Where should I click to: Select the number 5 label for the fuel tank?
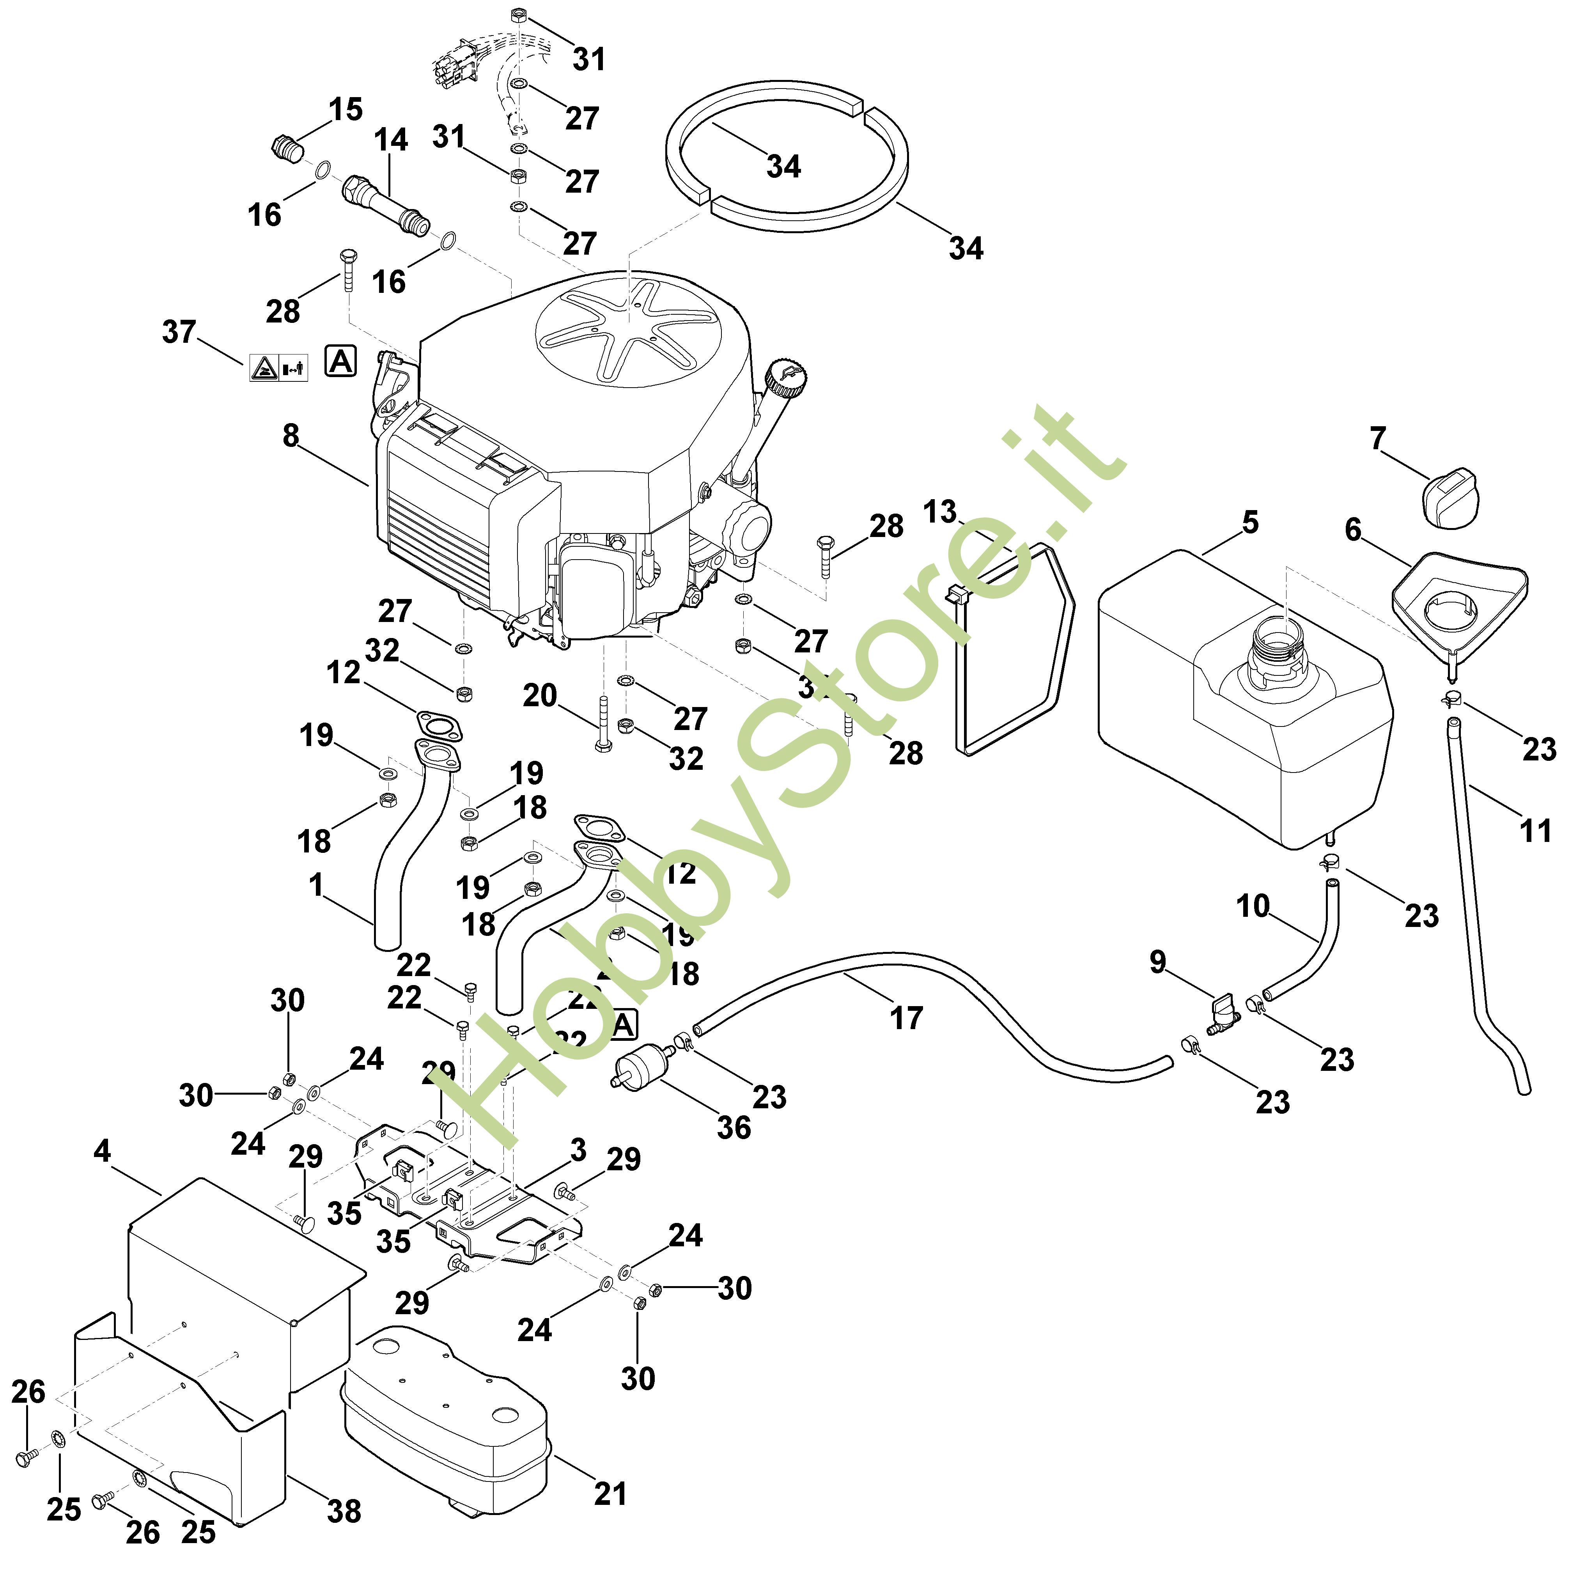coord(1250,523)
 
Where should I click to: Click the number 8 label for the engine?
coord(291,436)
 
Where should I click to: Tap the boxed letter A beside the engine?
coord(340,361)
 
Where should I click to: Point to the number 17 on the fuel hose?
coord(906,1017)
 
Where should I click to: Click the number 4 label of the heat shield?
coord(103,1151)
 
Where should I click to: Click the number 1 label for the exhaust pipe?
coord(316,884)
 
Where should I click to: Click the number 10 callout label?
coord(1252,905)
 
